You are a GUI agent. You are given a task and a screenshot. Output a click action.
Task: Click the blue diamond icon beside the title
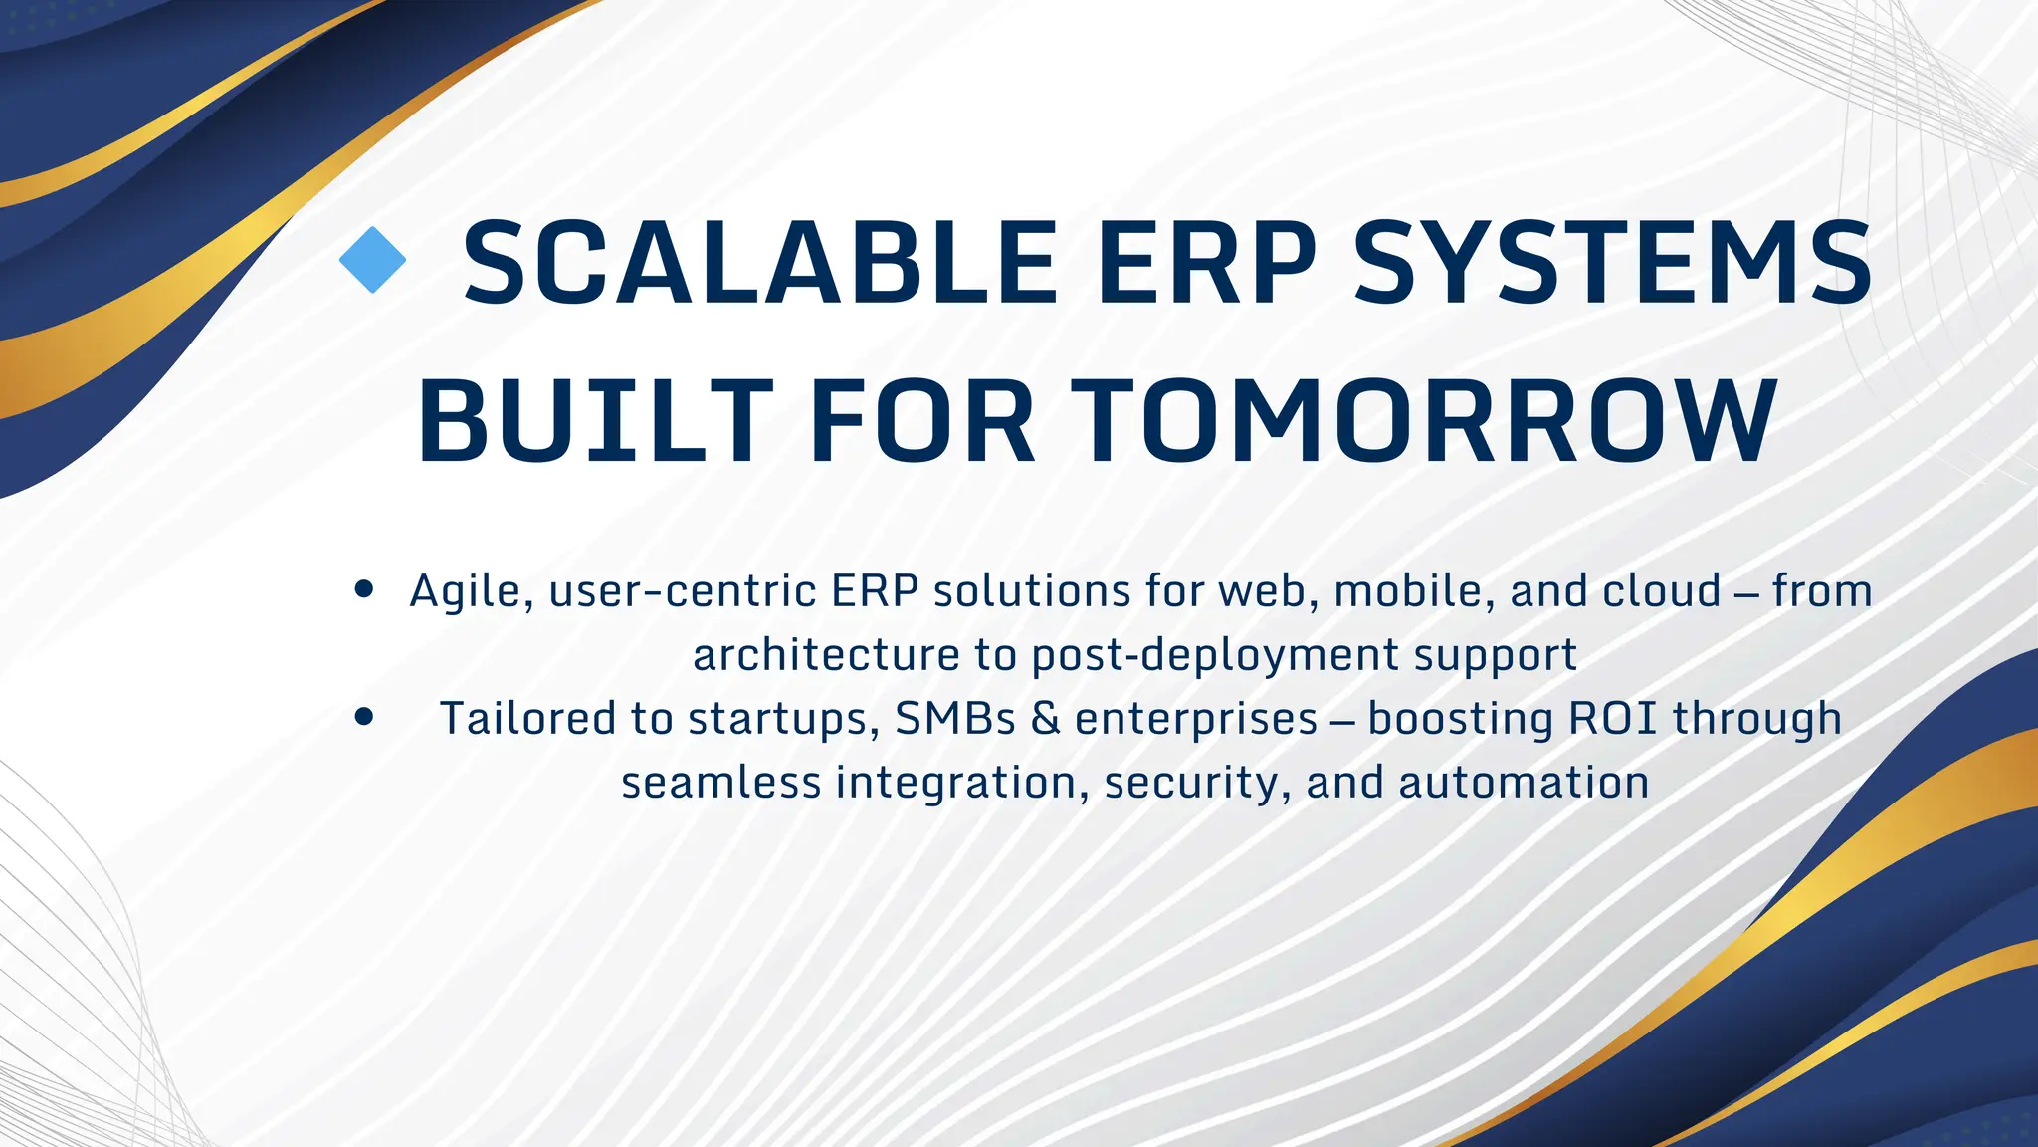pos(372,260)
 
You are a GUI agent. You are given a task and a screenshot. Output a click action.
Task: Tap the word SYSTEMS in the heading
pos(1613,263)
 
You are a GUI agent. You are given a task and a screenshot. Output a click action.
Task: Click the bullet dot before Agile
pos(363,589)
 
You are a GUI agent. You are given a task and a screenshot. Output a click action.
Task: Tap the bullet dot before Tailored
pos(363,717)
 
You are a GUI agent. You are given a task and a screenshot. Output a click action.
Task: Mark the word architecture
pos(825,655)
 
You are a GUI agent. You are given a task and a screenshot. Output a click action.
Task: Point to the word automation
pos(1524,783)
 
